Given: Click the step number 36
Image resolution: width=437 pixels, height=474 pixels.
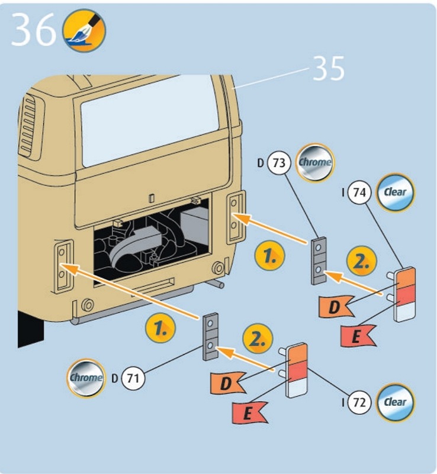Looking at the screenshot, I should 33,31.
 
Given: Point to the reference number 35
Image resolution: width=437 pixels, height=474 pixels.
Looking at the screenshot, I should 328,69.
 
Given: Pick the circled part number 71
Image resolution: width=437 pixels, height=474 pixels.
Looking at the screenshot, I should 133,377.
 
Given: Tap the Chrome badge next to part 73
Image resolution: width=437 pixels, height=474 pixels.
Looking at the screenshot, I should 314,161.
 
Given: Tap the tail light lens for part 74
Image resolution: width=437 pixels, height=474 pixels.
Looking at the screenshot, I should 405,294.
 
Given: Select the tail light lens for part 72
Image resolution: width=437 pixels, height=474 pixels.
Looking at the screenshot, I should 297,370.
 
